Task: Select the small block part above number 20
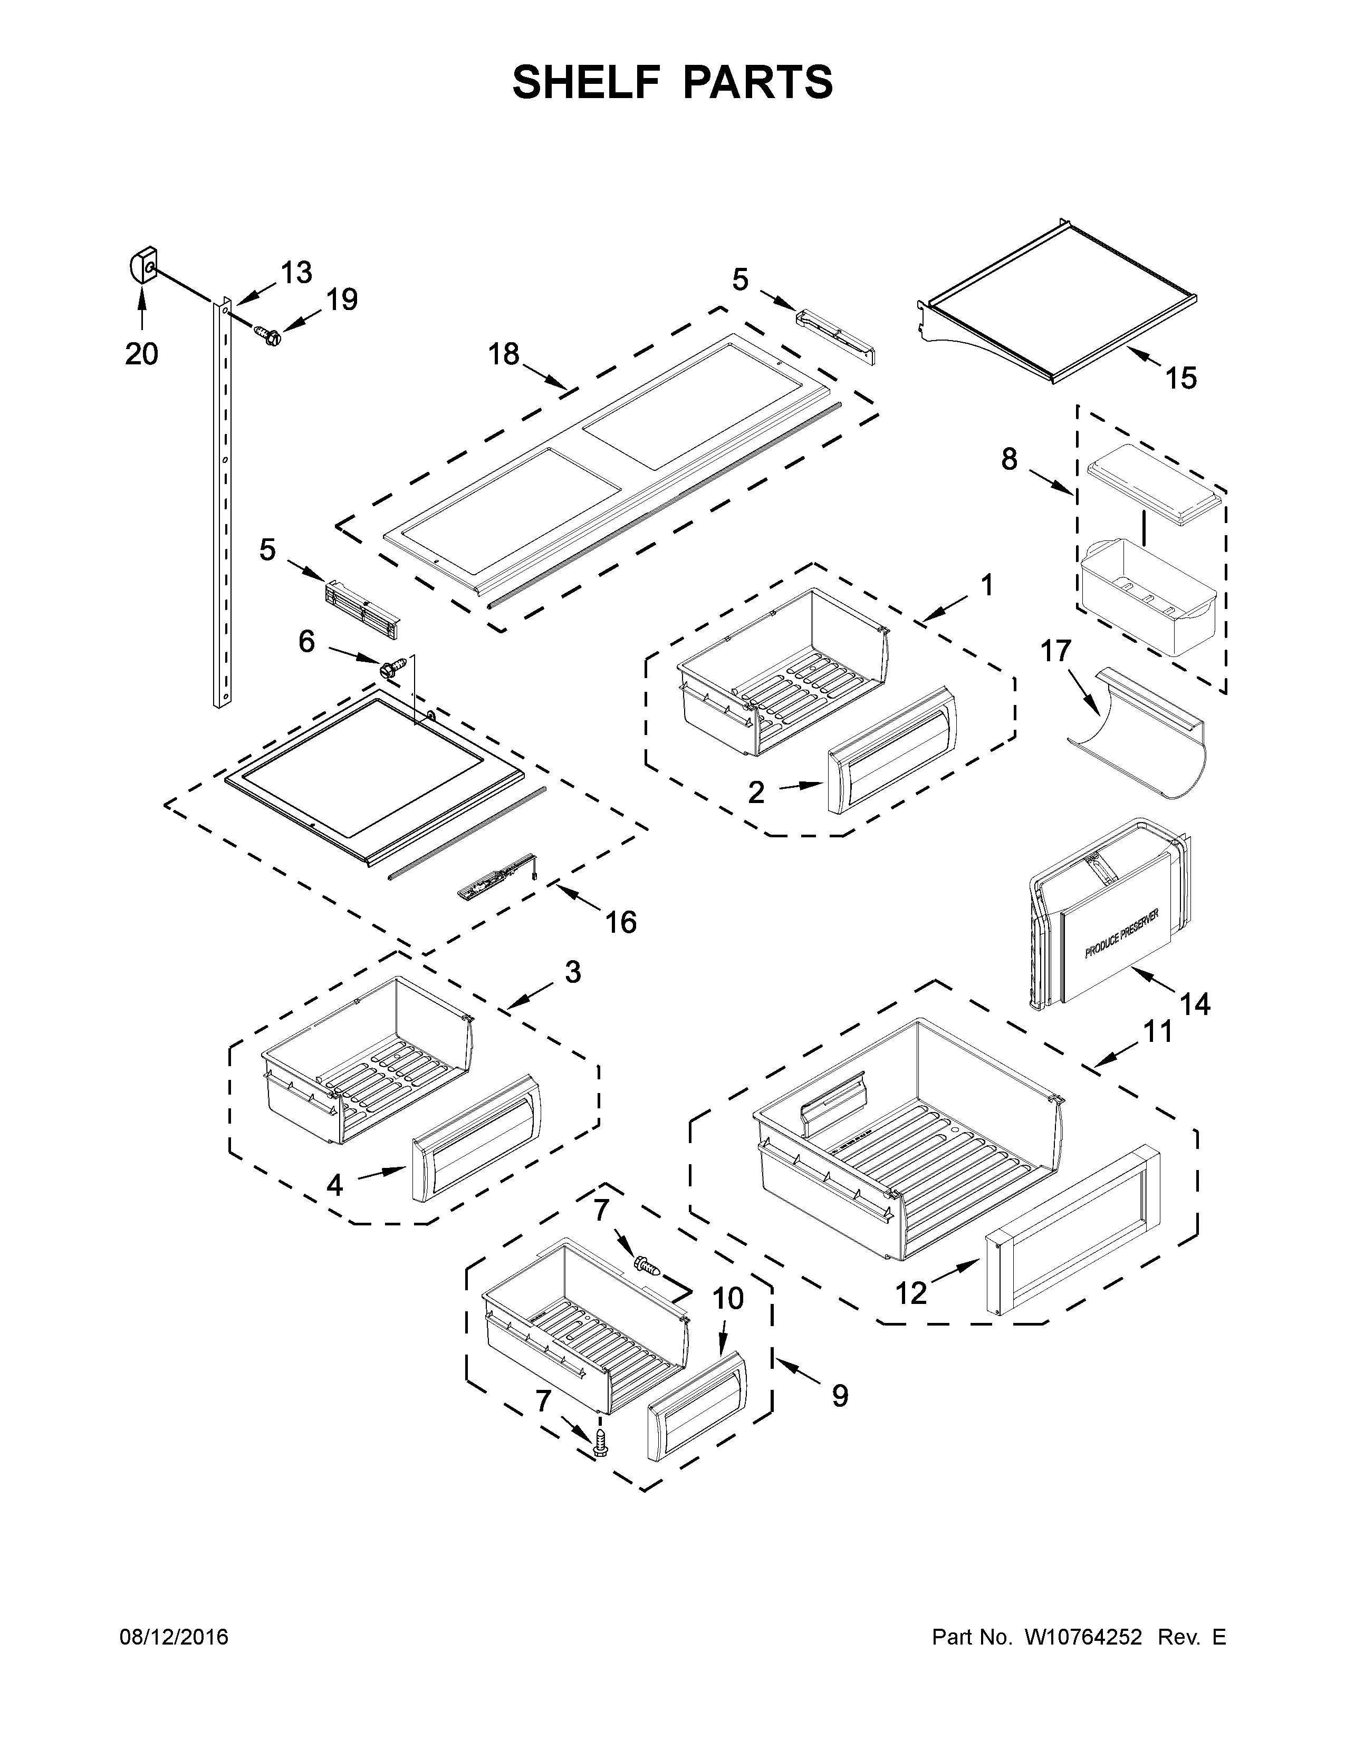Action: coord(143,265)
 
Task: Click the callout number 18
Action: coord(504,354)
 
